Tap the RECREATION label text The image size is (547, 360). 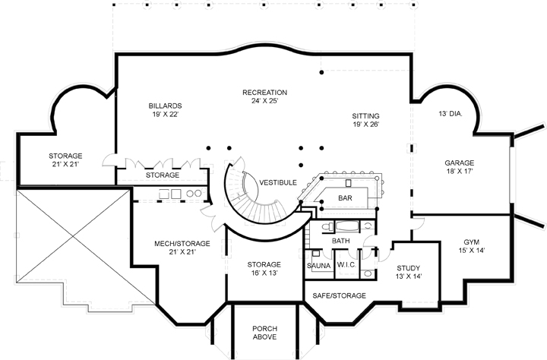coord(264,93)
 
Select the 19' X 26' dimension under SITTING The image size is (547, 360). coord(365,125)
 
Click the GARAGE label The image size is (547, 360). coord(459,163)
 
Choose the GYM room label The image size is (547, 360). coord(472,242)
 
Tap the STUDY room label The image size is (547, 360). coord(409,268)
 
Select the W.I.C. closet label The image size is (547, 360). coord(347,265)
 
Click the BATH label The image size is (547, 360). coord(341,241)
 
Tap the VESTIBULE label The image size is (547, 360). coord(277,183)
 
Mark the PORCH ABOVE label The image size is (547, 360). coord(264,332)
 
